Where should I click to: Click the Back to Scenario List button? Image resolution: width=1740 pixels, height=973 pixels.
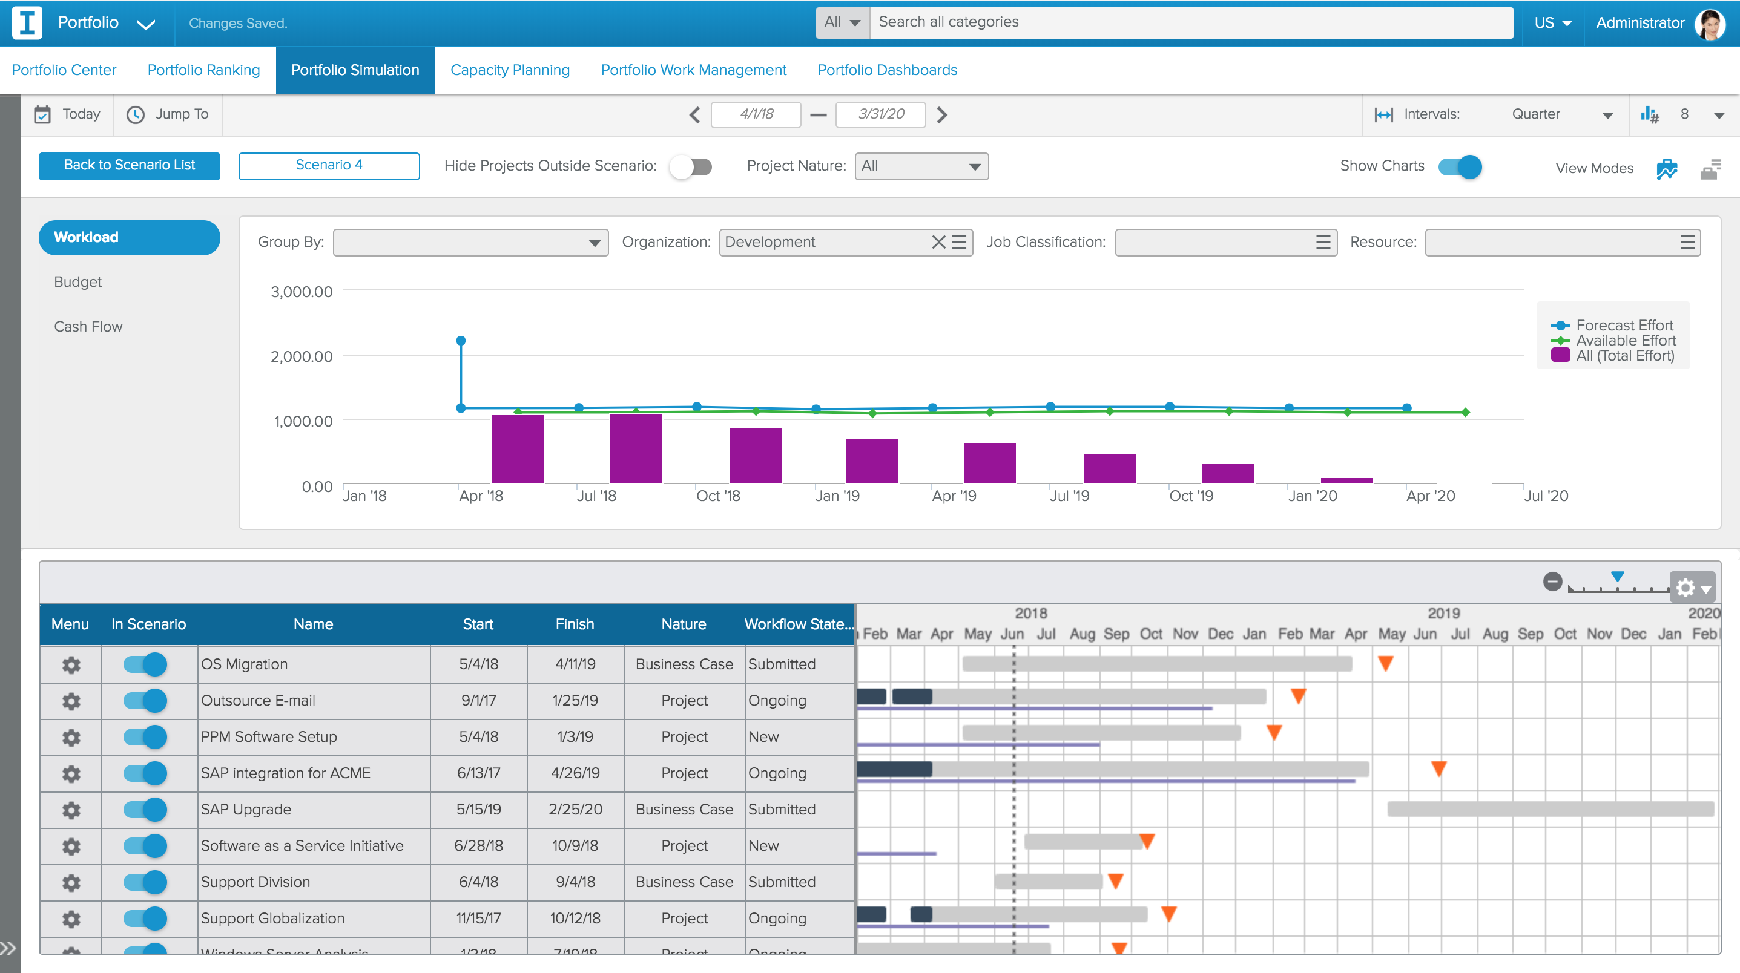[129, 165]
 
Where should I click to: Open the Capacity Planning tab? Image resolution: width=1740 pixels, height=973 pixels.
[509, 70]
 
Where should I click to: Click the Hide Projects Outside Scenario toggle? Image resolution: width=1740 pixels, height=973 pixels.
[690, 167]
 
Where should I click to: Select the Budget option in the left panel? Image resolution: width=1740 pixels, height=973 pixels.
[77, 282]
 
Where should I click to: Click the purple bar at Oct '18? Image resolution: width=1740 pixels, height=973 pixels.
[755, 456]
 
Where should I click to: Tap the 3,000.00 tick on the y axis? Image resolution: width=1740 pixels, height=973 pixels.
[302, 292]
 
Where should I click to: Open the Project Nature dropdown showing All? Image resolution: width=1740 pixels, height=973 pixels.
[921, 166]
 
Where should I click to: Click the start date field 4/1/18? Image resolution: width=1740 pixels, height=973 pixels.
[756, 114]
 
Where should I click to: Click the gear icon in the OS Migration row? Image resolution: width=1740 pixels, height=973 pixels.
[71, 664]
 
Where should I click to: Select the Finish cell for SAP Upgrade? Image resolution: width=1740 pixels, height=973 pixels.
[575, 810]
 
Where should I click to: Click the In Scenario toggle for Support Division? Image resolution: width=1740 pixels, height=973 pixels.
[145, 882]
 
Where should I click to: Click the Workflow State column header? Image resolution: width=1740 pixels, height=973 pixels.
[799, 624]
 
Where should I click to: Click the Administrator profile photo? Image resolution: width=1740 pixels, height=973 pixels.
[1709, 24]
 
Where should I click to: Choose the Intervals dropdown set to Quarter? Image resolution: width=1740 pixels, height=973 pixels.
[1560, 114]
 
